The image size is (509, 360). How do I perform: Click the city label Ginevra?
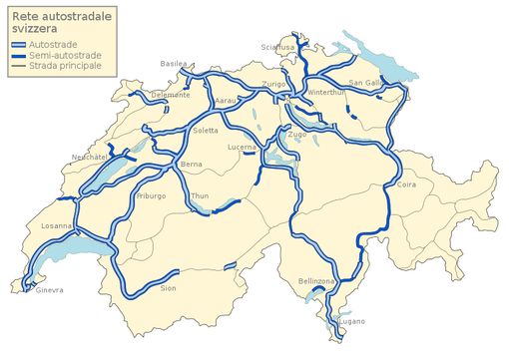[49, 290]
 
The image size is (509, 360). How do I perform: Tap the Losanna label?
[56, 225]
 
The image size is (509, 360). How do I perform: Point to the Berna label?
[192, 164]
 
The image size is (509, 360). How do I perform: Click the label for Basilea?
[174, 64]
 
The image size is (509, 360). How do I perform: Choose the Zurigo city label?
[273, 84]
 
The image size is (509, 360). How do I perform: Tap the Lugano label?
[351, 320]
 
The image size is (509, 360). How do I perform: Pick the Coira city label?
[406, 184]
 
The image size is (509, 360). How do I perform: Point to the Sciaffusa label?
[278, 47]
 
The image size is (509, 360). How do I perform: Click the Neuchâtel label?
[90, 158]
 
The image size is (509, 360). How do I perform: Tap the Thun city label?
[200, 196]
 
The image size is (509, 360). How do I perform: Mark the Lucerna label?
[243, 147]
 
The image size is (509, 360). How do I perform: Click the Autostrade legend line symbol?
[17, 45]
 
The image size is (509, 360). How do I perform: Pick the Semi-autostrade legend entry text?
[67, 56]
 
